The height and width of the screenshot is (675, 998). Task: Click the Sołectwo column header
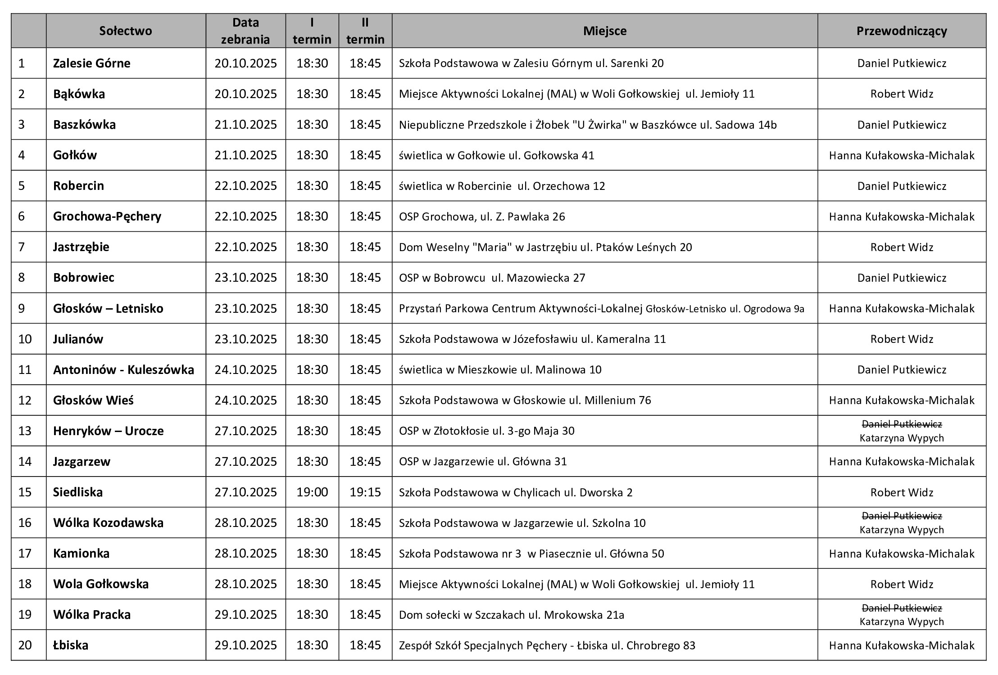click(x=126, y=31)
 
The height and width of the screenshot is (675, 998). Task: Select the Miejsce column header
click(x=604, y=31)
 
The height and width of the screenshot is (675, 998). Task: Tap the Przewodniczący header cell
click(x=902, y=31)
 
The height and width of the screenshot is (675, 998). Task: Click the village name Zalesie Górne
click(x=92, y=63)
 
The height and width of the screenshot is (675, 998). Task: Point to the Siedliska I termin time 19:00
click(x=312, y=492)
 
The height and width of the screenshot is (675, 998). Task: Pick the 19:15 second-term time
click(x=365, y=492)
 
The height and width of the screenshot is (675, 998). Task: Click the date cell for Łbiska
click(x=245, y=645)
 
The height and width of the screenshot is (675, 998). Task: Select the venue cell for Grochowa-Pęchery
click(x=482, y=216)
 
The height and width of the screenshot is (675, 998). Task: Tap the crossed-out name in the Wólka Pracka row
click(x=902, y=608)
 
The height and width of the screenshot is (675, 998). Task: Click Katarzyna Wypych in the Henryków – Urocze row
click(x=902, y=438)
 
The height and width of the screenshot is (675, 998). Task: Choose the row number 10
click(x=25, y=339)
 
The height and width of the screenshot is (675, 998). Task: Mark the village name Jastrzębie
click(x=81, y=247)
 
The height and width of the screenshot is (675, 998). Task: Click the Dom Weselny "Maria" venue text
click(x=545, y=247)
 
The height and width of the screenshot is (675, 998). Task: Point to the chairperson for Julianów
click(x=902, y=339)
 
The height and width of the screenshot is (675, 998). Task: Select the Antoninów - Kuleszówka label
click(x=123, y=369)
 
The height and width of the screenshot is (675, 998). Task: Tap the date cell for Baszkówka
click(x=245, y=125)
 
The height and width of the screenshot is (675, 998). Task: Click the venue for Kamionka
click(x=531, y=553)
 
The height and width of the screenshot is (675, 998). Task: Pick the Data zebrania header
click(x=245, y=31)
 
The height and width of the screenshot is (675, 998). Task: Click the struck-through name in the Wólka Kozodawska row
click(x=902, y=516)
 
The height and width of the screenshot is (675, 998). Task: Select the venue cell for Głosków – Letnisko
click(x=601, y=308)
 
